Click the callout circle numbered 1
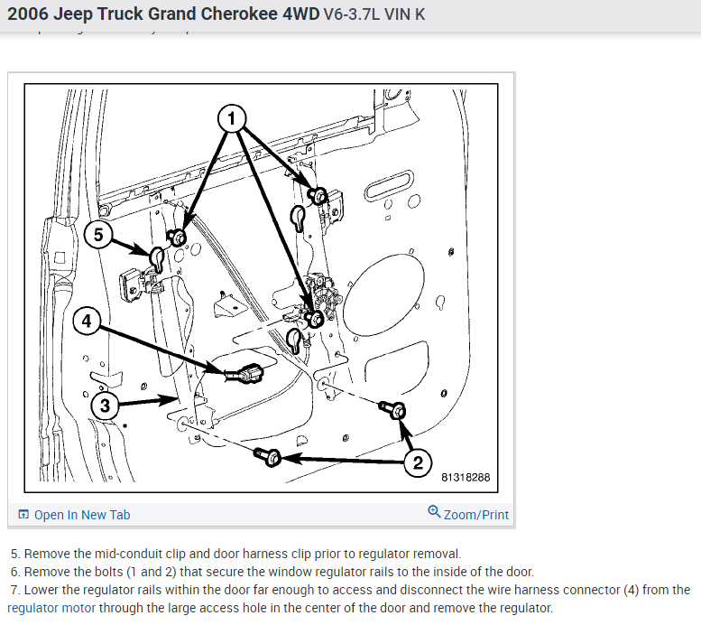point(232,118)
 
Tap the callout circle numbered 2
point(417,463)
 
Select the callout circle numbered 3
point(106,405)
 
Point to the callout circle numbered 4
point(87,322)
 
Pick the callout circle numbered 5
point(99,236)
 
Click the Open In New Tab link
point(81,515)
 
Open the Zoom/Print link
point(475,515)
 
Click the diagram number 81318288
point(466,477)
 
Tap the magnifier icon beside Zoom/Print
point(434,513)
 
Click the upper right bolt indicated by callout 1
point(318,196)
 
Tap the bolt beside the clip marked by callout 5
point(177,238)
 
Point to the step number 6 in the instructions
point(14,572)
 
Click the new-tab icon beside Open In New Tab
point(23,515)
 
